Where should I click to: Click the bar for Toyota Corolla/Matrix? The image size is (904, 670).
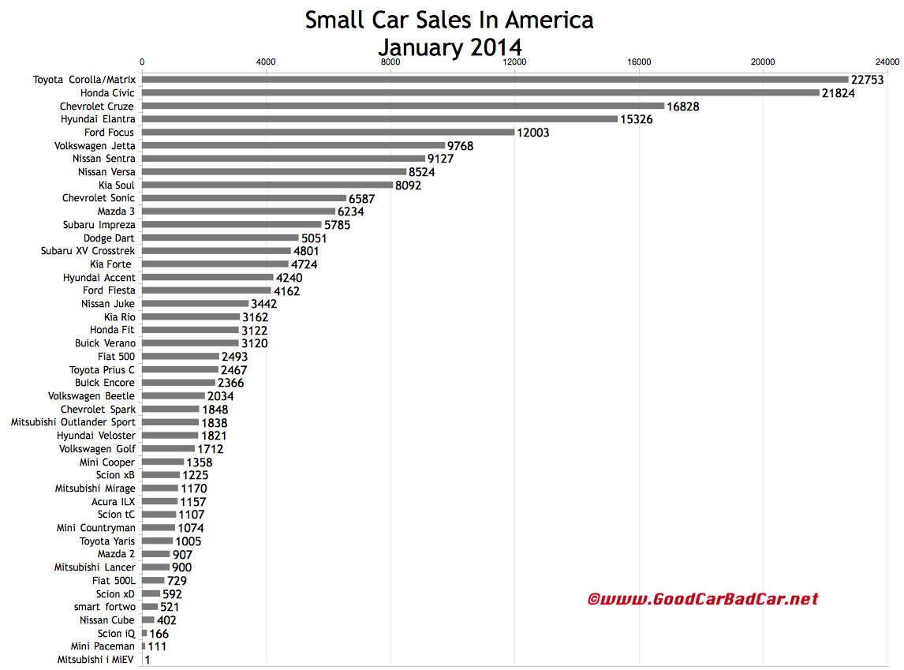click(x=495, y=80)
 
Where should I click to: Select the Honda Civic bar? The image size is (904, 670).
click(x=480, y=93)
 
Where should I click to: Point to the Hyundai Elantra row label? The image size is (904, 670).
click(x=98, y=119)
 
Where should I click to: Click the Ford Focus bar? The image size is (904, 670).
click(x=328, y=133)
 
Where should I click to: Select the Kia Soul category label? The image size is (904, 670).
click(x=117, y=185)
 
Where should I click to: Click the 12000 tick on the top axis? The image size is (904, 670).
click(x=514, y=62)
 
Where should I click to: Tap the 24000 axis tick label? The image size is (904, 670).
click(x=887, y=62)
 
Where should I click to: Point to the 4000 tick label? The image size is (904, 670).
click(x=266, y=62)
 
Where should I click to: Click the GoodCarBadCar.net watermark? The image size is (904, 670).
click(x=703, y=600)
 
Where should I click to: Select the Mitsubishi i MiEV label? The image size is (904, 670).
click(x=96, y=659)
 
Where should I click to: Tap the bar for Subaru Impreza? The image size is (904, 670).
click(x=232, y=225)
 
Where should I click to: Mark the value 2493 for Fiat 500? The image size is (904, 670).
click(x=234, y=357)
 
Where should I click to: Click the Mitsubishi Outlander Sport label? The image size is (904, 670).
click(x=73, y=422)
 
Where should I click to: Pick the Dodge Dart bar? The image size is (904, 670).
click(x=220, y=238)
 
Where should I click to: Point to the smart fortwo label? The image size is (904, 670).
click(x=105, y=607)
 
